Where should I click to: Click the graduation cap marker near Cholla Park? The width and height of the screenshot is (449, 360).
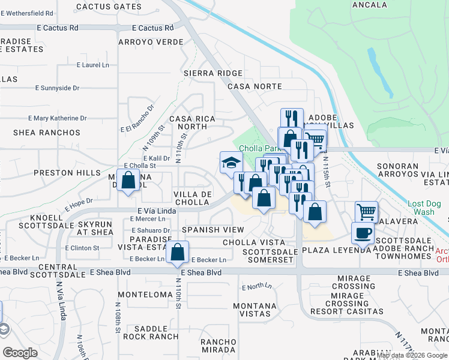[x=231, y=163]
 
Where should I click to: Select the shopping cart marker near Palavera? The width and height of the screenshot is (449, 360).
[x=366, y=211]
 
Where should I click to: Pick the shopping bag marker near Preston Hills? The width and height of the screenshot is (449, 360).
[x=128, y=179]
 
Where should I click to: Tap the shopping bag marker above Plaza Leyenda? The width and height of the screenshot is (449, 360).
[x=315, y=211]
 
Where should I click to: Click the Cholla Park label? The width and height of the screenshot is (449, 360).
[x=259, y=148]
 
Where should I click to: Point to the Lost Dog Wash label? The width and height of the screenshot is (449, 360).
[x=428, y=208]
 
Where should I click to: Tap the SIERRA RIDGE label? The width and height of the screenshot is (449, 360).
[x=212, y=73]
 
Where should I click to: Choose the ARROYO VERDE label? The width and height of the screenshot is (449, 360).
[x=150, y=42]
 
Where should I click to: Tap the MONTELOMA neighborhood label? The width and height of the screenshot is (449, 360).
[x=145, y=295]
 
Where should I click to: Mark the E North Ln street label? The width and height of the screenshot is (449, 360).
[x=257, y=287]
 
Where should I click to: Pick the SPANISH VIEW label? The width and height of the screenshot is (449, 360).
[x=213, y=230]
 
